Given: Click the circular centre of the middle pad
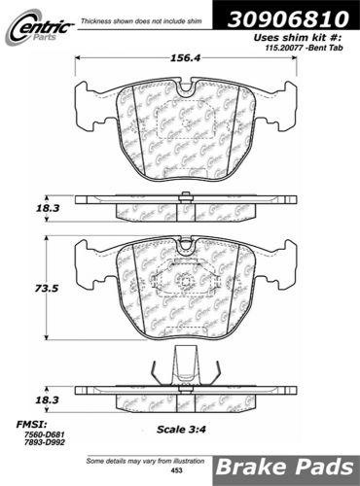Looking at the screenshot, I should (x=185, y=283).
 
